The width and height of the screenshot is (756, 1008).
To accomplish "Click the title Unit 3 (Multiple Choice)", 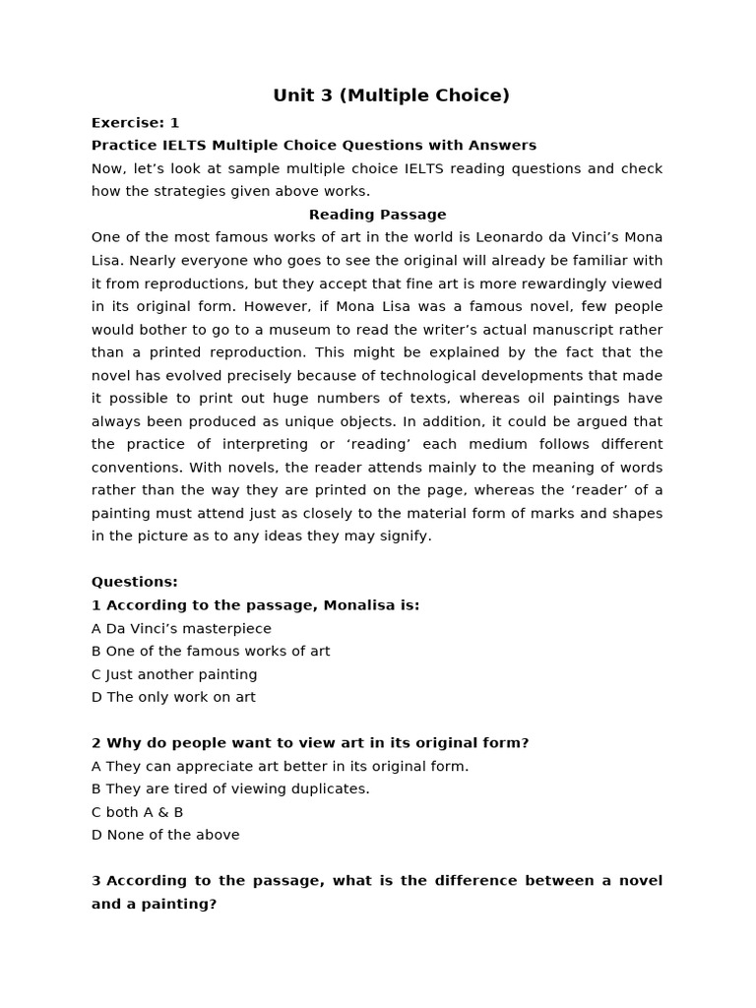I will [x=391, y=95].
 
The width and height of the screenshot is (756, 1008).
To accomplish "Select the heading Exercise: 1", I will [x=135, y=123].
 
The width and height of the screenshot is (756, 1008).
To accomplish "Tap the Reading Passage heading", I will [x=377, y=215].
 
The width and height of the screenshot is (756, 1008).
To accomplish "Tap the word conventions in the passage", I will [x=136, y=468].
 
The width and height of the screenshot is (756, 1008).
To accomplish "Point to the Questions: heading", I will [x=135, y=582].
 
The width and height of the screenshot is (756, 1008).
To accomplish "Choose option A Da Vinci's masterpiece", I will [x=181, y=628].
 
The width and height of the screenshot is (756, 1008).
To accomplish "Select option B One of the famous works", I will [x=211, y=651].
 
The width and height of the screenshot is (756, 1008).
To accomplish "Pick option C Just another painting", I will [x=174, y=674].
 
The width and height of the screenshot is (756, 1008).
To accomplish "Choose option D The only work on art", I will [x=173, y=697].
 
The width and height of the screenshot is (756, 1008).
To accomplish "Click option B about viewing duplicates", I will [x=230, y=788].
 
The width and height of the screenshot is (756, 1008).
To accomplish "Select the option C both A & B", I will [x=137, y=812].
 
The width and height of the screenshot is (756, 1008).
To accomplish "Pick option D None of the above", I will [x=165, y=835].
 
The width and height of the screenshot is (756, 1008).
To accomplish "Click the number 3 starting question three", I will [x=96, y=881].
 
